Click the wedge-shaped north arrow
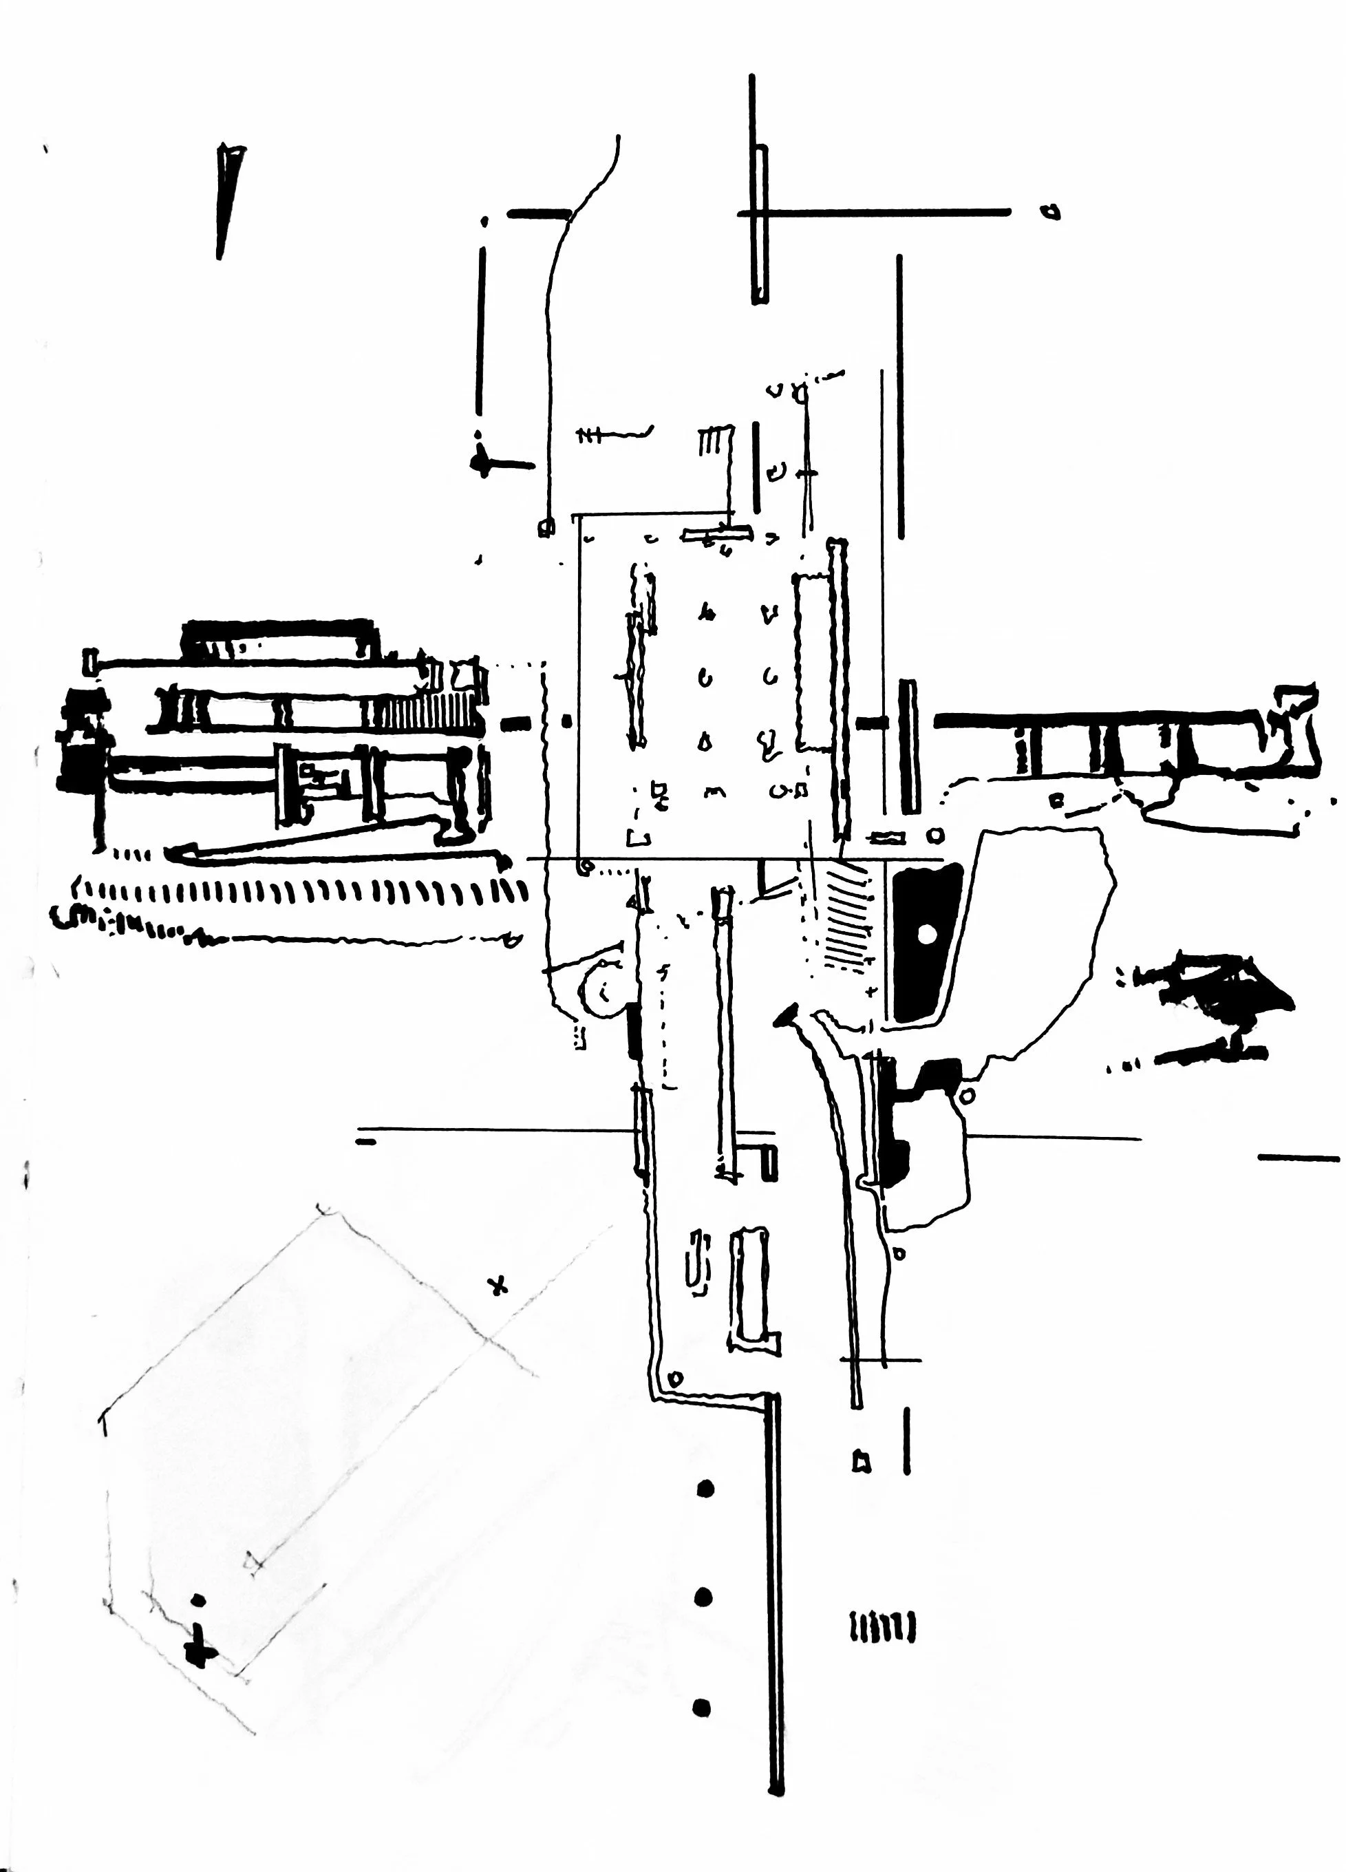pyautogui.click(x=228, y=198)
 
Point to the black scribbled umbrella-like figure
pyautogui.click(x=1213, y=1007)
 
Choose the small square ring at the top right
pyautogui.click(x=1051, y=212)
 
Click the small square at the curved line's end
pyautogui.click(x=546, y=527)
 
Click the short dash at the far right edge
pyautogui.click(x=1298, y=1158)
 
